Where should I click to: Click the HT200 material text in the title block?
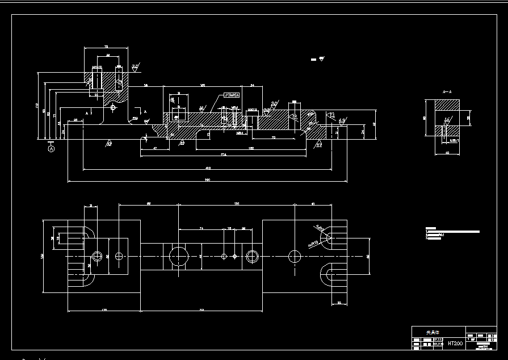pyautogui.click(x=455, y=344)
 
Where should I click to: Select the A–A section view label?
pyautogui.click(x=447, y=91)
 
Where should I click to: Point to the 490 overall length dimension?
pyautogui.click(x=207, y=180)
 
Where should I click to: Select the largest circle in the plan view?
pyautogui.click(x=179, y=256)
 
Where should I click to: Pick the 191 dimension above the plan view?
pyautogui.click(x=237, y=203)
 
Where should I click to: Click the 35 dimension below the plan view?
pyautogui.click(x=339, y=303)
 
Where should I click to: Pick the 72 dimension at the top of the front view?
pyautogui.click(x=106, y=47)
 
